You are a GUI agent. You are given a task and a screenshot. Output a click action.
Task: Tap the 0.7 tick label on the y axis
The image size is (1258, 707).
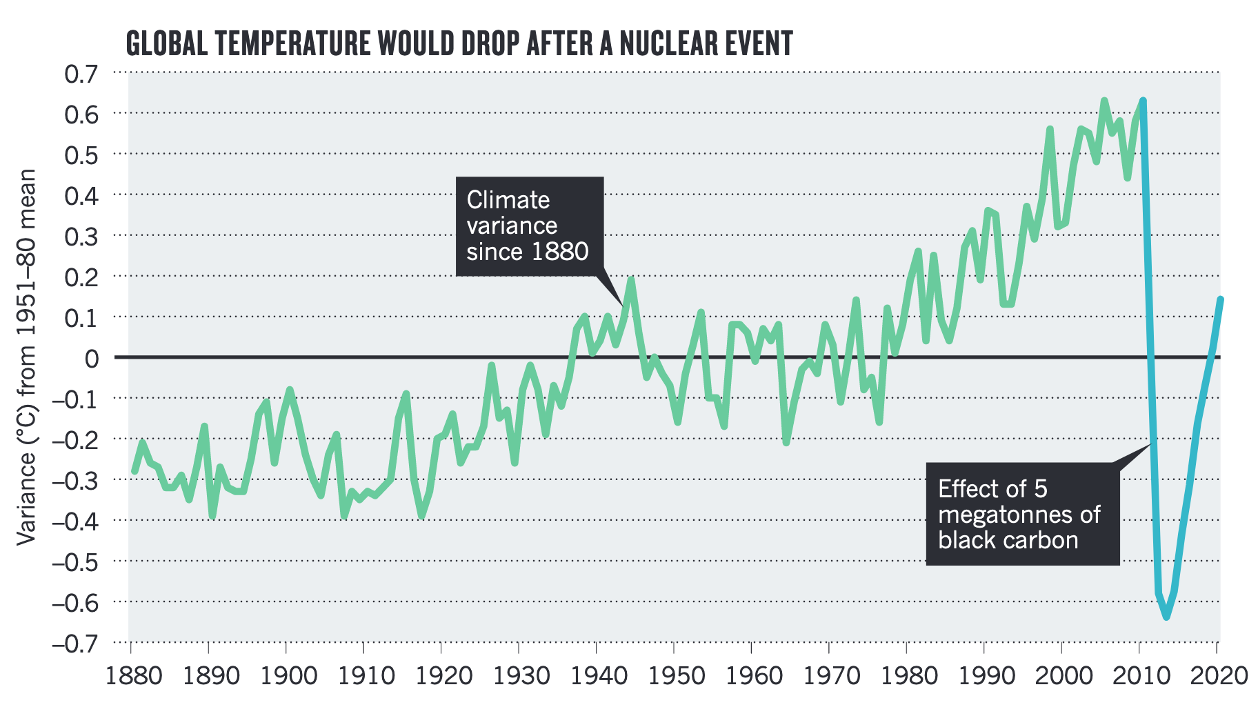coord(81,73)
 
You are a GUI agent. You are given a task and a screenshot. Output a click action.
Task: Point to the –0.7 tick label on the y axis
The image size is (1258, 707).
coord(75,643)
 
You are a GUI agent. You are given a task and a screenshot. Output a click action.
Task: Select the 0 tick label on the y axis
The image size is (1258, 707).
coord(91,358)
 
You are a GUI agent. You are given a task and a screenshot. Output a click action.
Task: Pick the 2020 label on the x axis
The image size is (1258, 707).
coord(1217,675)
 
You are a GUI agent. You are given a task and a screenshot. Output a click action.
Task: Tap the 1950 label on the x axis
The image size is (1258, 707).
coord(673,675)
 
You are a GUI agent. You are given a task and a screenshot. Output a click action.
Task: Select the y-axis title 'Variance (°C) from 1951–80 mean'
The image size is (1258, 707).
coord(26,357)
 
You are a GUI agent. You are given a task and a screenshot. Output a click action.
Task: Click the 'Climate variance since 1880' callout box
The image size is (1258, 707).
coord(529,226)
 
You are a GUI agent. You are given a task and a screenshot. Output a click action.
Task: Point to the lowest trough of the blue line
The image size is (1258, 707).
coord(1166,617)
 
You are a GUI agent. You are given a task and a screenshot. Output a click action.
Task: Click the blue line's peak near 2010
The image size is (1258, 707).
coord(1143,101)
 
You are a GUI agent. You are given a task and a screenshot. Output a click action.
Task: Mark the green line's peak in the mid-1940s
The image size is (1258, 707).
coord(630,280)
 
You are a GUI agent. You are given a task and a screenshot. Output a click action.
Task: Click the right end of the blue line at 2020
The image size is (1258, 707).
coord(1220,299)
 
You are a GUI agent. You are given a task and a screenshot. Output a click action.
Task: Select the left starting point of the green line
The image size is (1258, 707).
coord(134,471)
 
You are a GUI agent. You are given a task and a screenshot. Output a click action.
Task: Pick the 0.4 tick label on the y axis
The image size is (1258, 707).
coord(81,195)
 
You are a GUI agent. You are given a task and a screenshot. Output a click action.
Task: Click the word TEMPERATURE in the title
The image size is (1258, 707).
coord(294,43)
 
